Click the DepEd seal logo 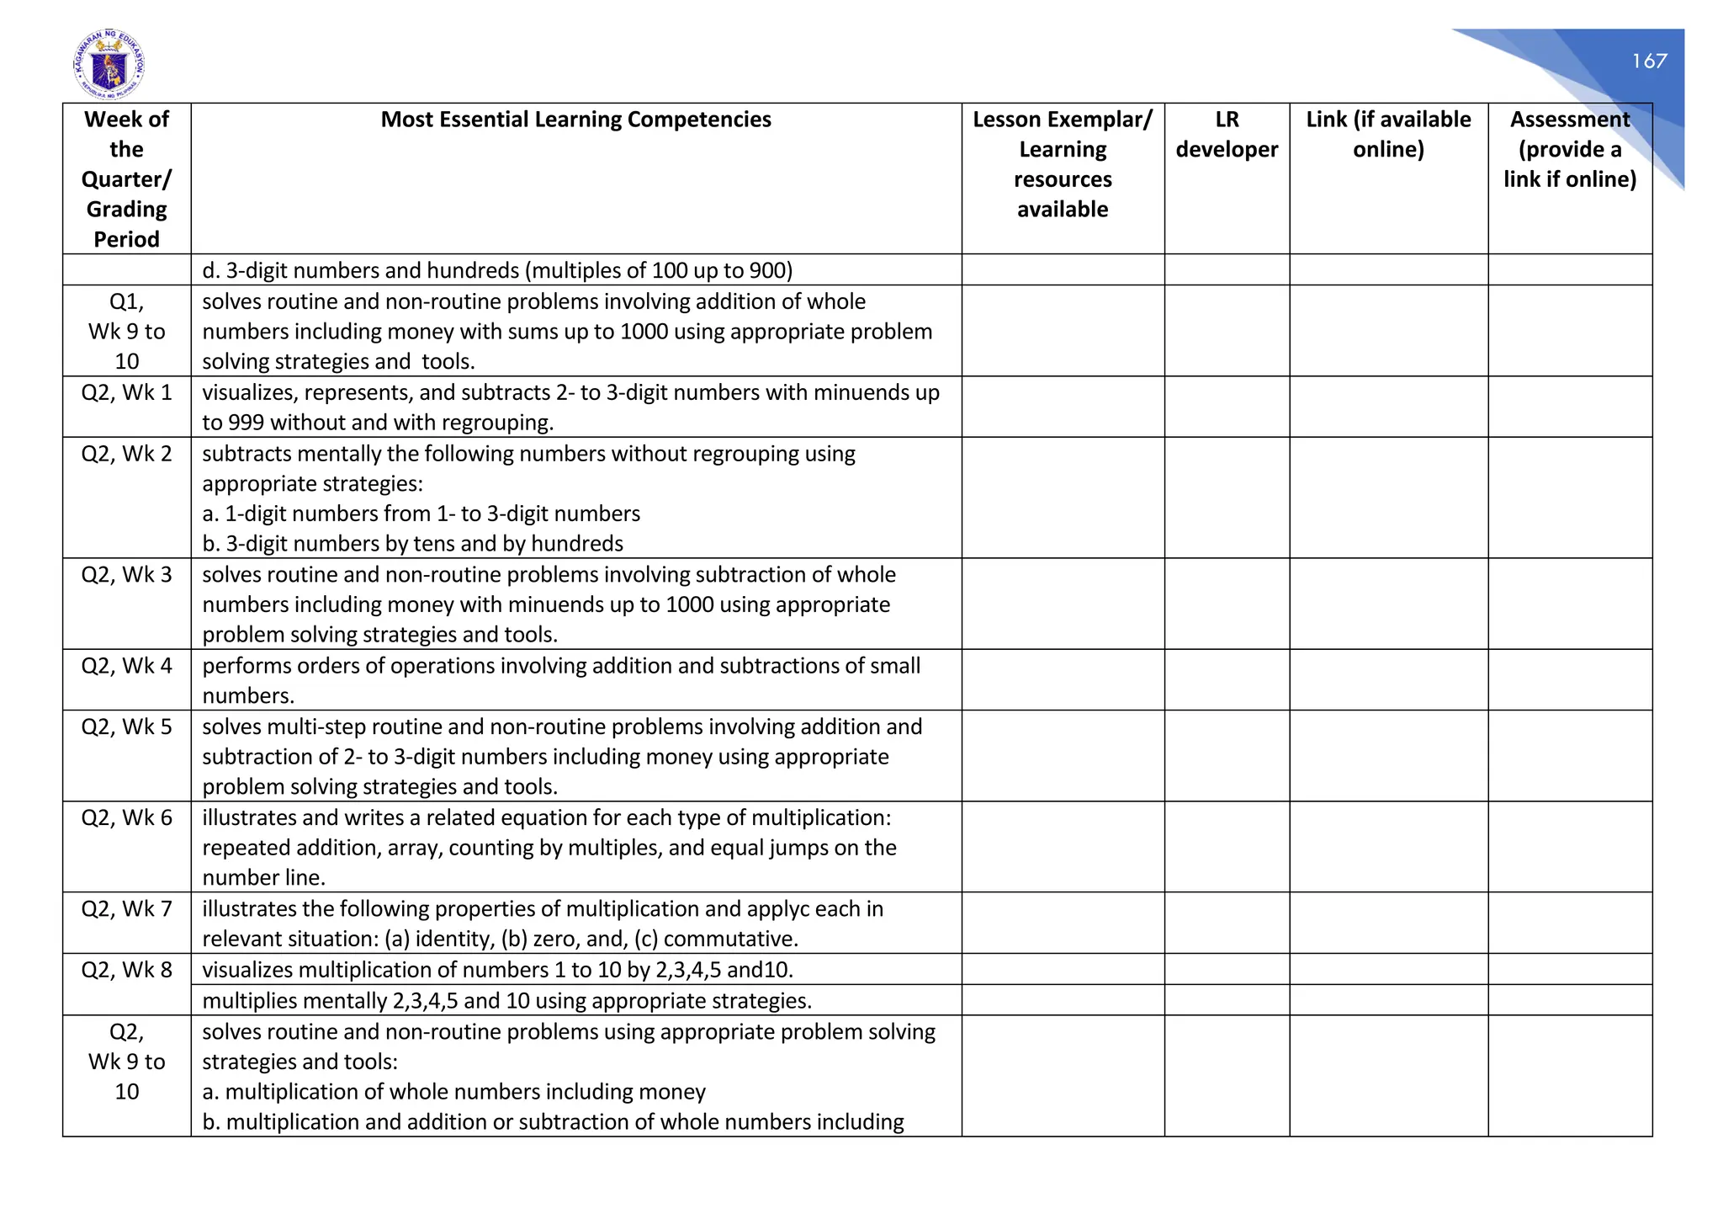(109, 64)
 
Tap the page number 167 (1649, 61)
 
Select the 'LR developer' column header (1227, 135)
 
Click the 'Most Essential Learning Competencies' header (575, 120)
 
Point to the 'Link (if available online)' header (1388, 135)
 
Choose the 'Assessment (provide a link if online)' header (1570, 150)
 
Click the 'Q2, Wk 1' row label (126, 392)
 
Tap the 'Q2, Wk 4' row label (126, 666)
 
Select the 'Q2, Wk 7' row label (126, 909)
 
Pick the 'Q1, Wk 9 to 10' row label (126, 331)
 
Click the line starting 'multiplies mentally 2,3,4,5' (506, 1001)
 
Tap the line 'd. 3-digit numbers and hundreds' (496, 271)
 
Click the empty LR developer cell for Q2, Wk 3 (1227, 604)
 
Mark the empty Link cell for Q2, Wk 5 (1388, 756)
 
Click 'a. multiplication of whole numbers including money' (453, 1092)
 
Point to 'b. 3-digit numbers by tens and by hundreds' (412, 544)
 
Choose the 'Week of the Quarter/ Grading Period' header (126, 179)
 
